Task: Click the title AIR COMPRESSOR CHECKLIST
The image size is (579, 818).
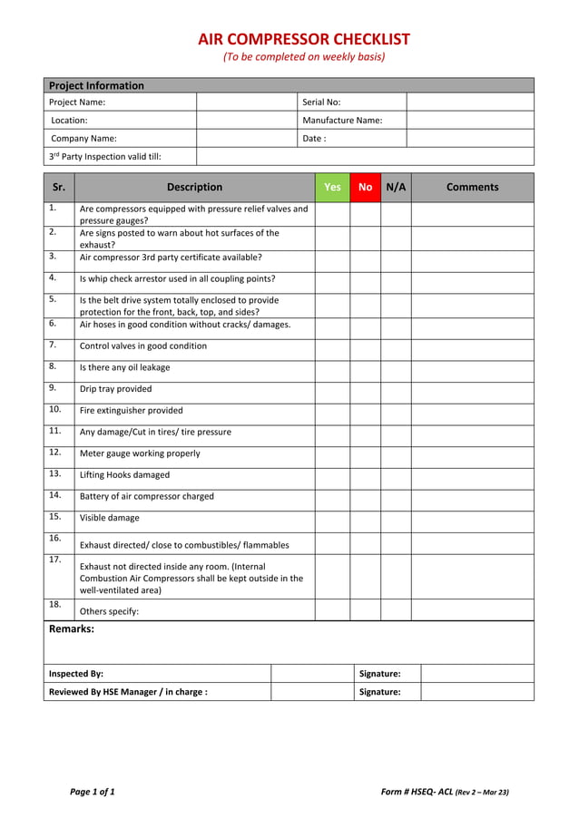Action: [304, 39]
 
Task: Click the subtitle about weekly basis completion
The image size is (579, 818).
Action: [304, 57]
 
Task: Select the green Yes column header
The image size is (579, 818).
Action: [332, 187]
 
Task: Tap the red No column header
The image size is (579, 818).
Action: [365, 187]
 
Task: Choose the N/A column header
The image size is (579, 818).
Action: [396, 187]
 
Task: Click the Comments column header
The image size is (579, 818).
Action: [472, 187]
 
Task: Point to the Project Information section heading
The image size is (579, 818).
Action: [96, 85]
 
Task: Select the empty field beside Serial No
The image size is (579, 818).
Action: [469, 102]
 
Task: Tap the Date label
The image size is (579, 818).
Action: [314, 138]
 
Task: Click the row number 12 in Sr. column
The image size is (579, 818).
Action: [54, 452]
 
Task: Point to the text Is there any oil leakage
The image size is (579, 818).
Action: [124, 367]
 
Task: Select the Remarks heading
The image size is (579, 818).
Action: [71, 628]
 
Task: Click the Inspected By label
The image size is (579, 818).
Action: [76, 674]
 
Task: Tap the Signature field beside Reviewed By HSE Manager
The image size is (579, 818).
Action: [476, 692]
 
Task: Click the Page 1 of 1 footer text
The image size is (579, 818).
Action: [93, 792]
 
